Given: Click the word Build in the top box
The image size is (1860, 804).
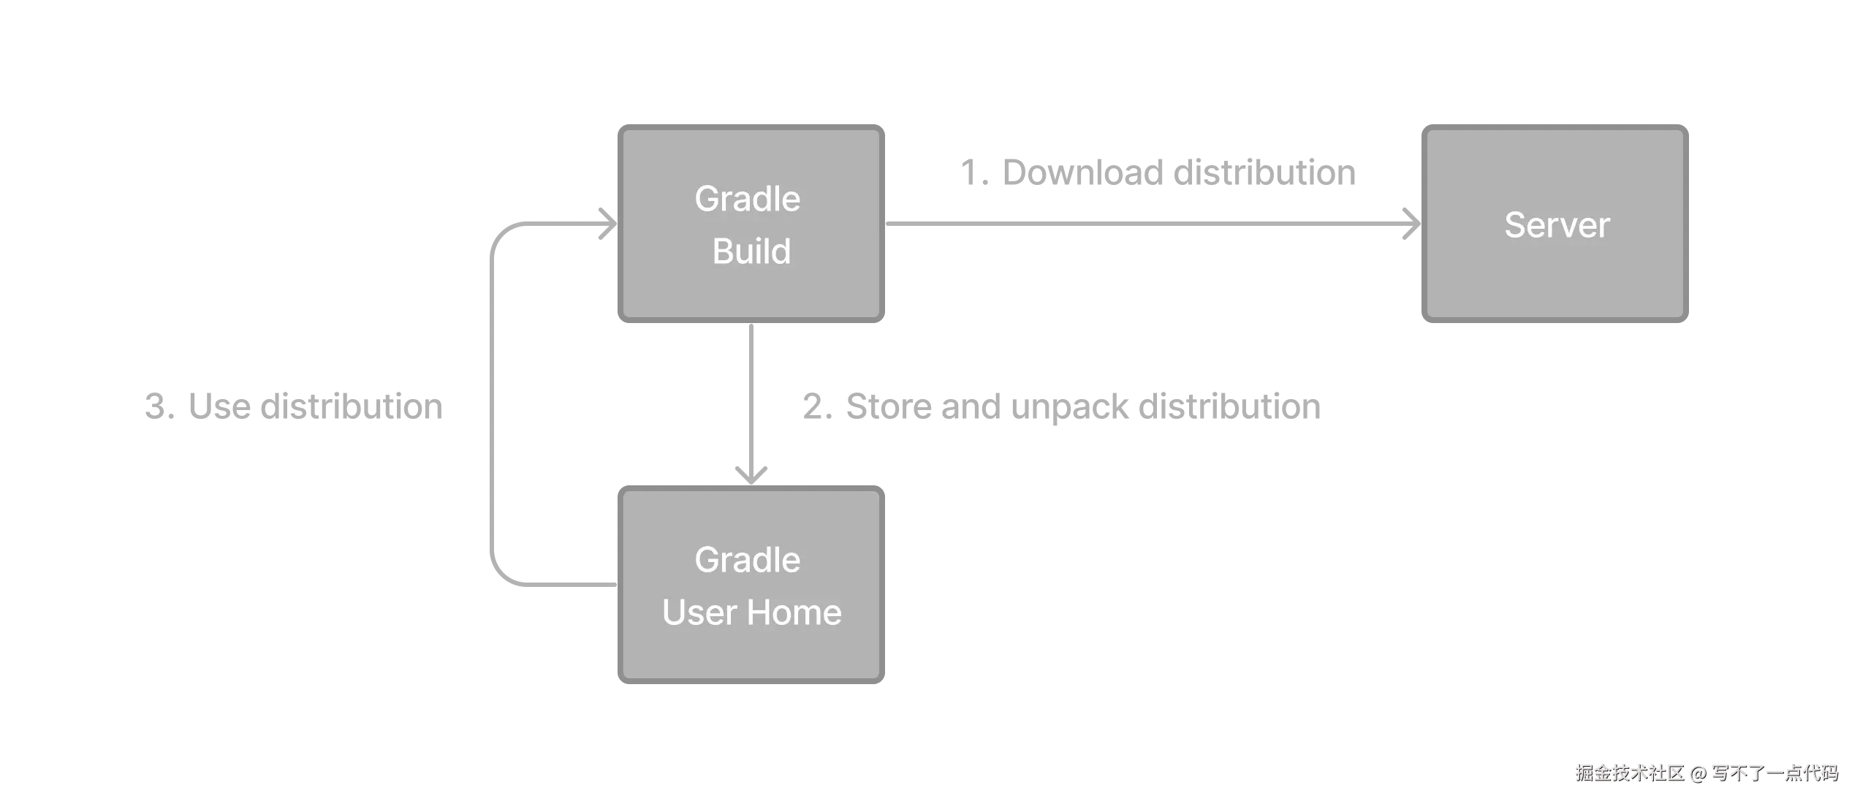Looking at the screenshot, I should pyautogui.click(x=751, y=251).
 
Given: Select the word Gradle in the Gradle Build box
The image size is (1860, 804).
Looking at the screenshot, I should pyautogui.click(x=747, y=199).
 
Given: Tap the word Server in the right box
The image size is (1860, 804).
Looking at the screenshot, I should pyautogui.click(x=1557, y=225).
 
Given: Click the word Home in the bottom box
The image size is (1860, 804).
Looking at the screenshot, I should pyautogui.click(x=794, y=613).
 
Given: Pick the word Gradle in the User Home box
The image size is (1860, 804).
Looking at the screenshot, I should pyautogui.click(x=747, y=560).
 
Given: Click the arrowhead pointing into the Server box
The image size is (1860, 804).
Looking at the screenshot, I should pyautogui.click(x=1409, y=223).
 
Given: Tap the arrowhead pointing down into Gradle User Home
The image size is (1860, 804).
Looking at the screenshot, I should pyautogui.click(x=751, y=472).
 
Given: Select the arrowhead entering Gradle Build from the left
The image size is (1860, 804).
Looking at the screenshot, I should pyautogui.click(x=606, y=222).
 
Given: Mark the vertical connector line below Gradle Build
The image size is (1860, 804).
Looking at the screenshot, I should pyautogui.click(x=751, y=395).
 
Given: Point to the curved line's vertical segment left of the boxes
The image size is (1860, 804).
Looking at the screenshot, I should pyautogui.click(x=491, y=402).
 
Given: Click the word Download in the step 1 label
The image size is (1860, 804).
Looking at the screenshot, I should pyautogui.click(x=1080, y=173).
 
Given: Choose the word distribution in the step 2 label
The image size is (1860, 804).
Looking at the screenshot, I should pyautogui.click(x=1229, y=406).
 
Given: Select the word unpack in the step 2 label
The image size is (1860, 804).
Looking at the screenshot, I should pyautogui.click(x=1071, y=408).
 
